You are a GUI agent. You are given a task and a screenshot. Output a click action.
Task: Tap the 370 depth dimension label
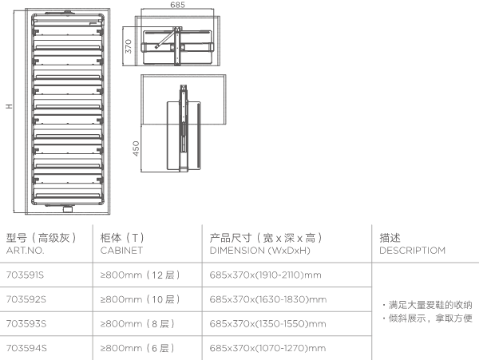coord(127,47)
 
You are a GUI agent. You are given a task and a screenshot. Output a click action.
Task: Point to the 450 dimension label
coord(136,149)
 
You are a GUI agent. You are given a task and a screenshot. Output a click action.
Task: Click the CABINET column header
coord(121,250)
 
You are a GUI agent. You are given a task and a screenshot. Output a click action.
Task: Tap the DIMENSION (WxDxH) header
coord(259,250)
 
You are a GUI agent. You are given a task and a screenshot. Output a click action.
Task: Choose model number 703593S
coord(26,324)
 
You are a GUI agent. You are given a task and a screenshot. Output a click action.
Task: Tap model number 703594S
coord(26,348)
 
